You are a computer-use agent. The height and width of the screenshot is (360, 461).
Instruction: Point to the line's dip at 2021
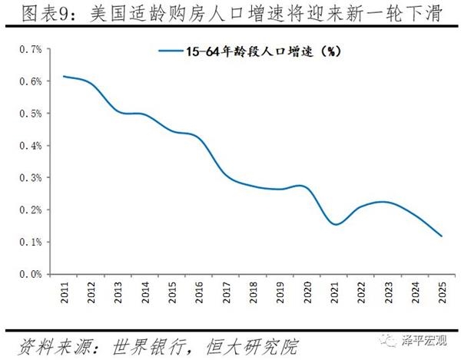pos(335,224)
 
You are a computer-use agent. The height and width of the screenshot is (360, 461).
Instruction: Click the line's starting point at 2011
pos(64,76)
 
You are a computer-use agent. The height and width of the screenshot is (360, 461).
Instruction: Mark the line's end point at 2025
pos(443,236)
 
